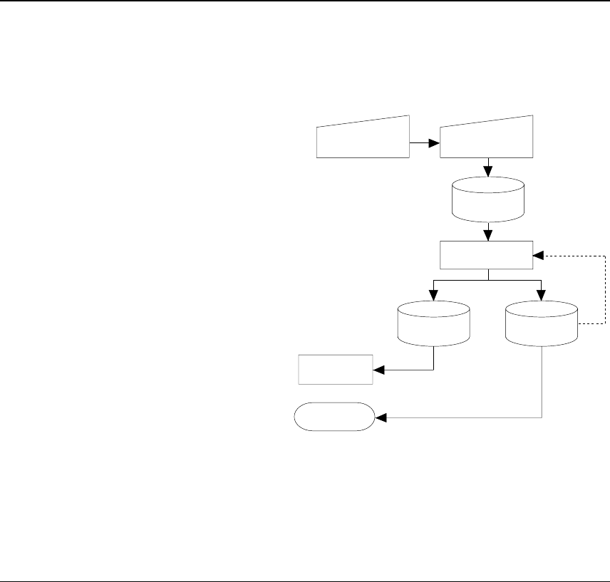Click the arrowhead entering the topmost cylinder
(x=488, y=172)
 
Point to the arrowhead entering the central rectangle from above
(x=488, y=236)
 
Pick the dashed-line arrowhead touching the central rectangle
(x=538, y=254)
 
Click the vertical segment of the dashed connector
(x=606, y=289)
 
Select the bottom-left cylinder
(x=433, y=322)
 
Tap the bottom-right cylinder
(x=542, y=322)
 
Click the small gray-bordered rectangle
(x=335, y=369)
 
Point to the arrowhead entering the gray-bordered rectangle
(x=378, y=370)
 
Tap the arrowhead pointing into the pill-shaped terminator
(x=381, y=418)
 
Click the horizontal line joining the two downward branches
(x=488, y=281)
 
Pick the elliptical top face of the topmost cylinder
(x=489, y=184)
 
